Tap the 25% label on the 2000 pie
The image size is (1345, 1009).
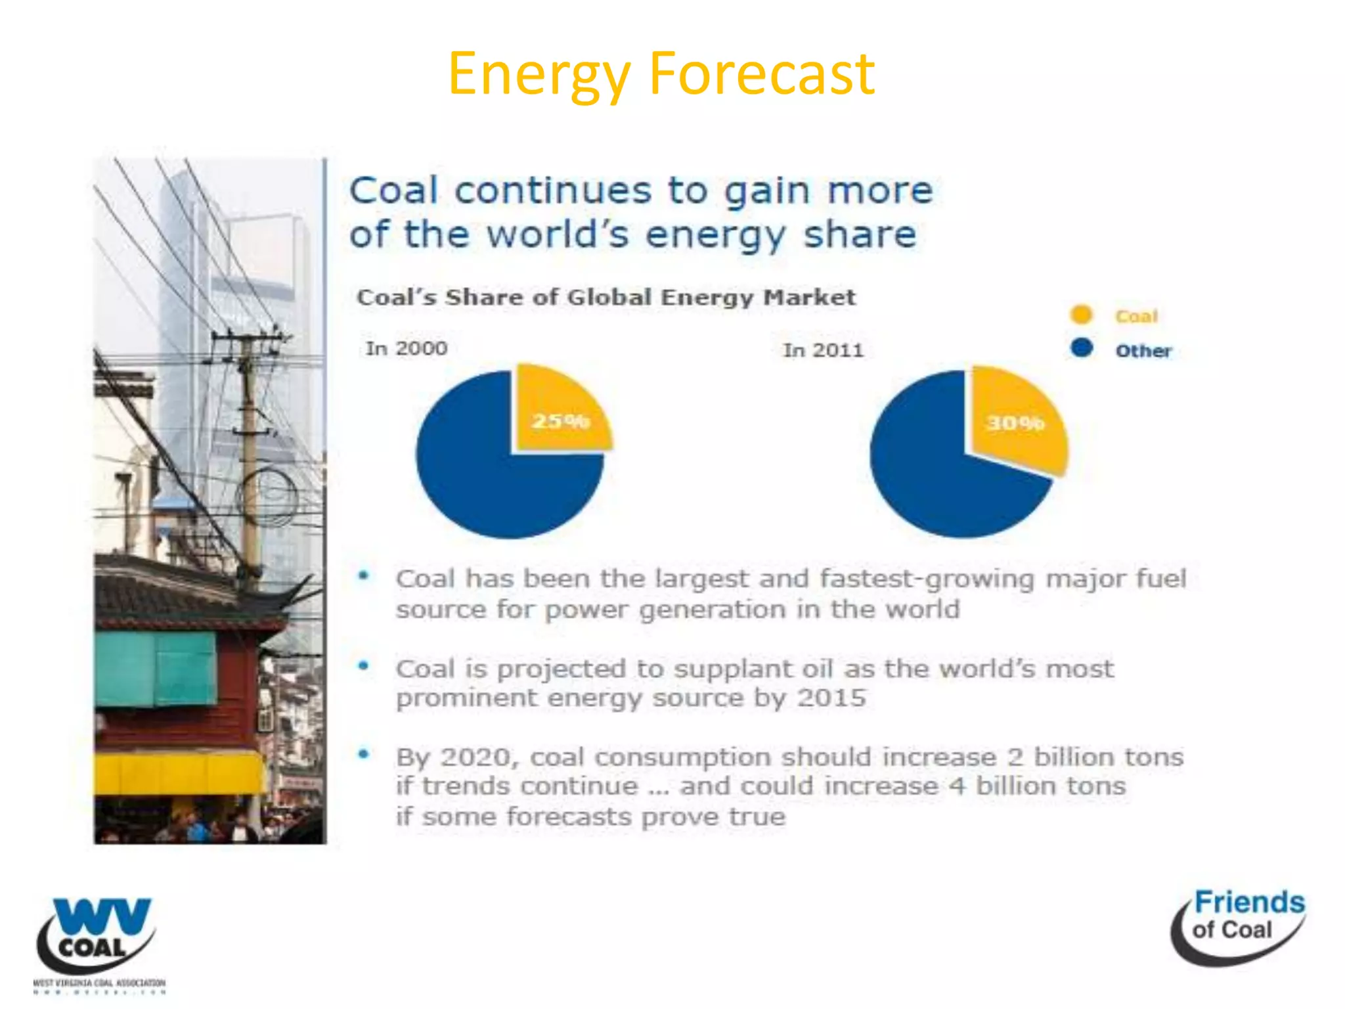point(560,420)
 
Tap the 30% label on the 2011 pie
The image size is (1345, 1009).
point(1015,422)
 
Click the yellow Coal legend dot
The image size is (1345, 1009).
point(1081,315)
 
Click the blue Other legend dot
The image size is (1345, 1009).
point(1081,348)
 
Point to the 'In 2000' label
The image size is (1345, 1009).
point(407,348)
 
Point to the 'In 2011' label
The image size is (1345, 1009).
point(823,350)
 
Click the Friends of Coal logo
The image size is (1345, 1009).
point(1238,926)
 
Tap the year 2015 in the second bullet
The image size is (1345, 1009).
point(831,698)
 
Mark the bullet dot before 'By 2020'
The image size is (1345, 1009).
point(363,754)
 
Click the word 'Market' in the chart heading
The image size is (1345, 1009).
point(809,297)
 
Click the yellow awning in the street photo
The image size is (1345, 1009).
point(177,772)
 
